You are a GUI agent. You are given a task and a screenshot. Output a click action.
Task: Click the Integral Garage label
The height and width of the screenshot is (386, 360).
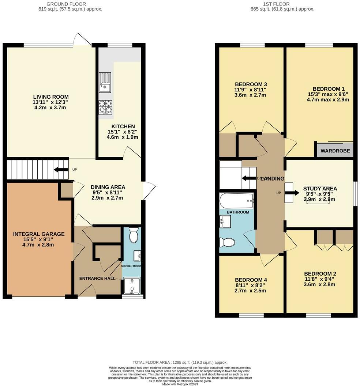point(39,234)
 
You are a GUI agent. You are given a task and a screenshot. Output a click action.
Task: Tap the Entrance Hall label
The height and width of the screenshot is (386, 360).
point(97,278)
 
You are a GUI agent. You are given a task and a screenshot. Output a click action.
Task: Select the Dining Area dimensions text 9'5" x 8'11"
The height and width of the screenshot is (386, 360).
point(106,192)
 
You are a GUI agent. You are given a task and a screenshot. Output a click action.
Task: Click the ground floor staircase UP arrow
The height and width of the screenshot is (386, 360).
point(61,170)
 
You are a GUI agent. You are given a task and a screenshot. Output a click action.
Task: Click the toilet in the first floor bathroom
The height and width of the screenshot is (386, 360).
point(227,242)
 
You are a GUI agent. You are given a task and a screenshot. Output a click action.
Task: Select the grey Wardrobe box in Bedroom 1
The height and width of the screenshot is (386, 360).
point(335,151)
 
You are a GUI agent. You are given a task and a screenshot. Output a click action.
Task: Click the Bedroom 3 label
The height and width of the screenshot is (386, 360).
point(245,84)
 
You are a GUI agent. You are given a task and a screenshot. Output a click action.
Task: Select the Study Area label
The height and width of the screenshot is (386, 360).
point(320,189)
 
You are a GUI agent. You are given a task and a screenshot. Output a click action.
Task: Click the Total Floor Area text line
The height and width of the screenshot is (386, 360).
point(180,362)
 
